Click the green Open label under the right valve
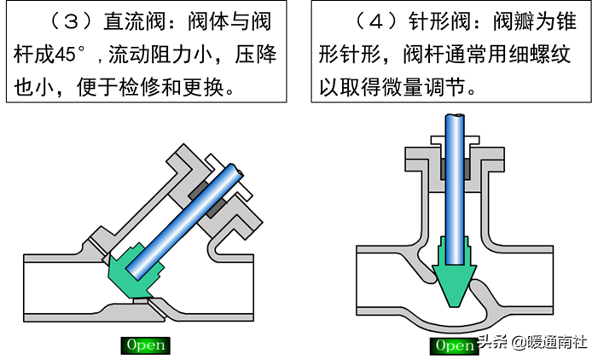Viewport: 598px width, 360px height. pos(453,345)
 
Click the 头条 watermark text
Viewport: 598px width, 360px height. pos(493,344)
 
